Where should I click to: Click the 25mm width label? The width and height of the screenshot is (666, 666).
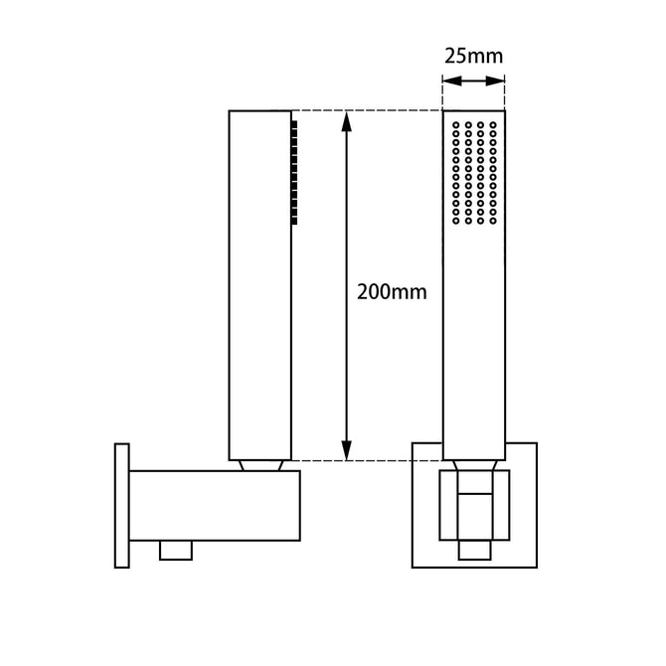pyautogui.click(x=473, y=56)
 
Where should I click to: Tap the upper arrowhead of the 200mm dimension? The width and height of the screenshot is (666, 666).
pyautogui.click(x=347, y=119)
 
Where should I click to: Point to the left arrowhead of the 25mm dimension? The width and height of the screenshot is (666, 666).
pyautogui.click(x=446, y=83)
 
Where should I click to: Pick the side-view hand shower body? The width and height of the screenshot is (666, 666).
pyautogui.click(x=260, y=298)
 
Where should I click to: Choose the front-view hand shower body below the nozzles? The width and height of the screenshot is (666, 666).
pyautogui.click(x=473, y=338)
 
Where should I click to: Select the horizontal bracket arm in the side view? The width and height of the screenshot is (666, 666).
pyautogui.click(x=215, y=506)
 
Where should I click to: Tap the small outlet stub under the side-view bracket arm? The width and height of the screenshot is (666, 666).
pyautogui.click(x=176, y=549)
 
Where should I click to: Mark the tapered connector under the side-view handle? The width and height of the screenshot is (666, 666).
pyautogui.click(x=260, y=464)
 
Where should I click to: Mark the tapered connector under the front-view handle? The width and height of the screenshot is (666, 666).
pyautogui.click(x=473, y=465)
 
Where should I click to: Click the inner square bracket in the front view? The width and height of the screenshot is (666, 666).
pyautogui.click(x=473, y=507)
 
